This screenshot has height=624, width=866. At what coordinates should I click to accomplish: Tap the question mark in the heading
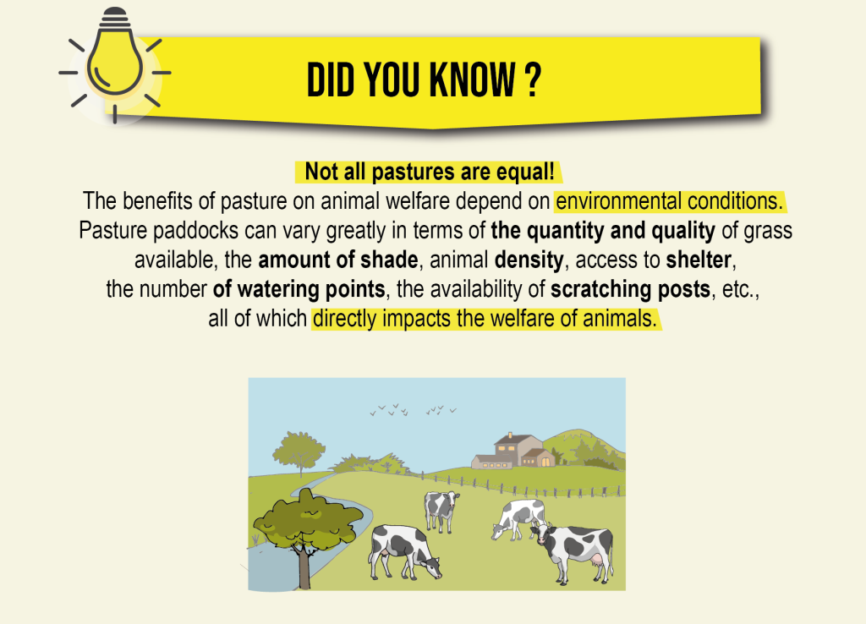coord(532,80)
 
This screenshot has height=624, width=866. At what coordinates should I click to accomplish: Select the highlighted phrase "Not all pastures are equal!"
coord(429,172)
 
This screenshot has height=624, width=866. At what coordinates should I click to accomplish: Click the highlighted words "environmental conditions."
coord(670,201)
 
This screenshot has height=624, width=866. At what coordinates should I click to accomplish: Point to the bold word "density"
coord(529,260)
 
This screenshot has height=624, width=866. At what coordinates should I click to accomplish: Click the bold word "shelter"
coord(699,260)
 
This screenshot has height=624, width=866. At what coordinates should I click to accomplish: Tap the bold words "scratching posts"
coord(630,289)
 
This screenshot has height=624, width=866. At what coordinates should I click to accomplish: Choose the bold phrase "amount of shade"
coord(338,260)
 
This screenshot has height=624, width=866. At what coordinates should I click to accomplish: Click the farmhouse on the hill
coord(513,452)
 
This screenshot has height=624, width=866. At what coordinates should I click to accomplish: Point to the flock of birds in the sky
coord(413,410)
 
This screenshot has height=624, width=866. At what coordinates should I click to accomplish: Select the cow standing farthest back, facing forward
coord(441,510)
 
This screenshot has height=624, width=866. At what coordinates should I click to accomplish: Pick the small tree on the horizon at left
coord(299,453)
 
